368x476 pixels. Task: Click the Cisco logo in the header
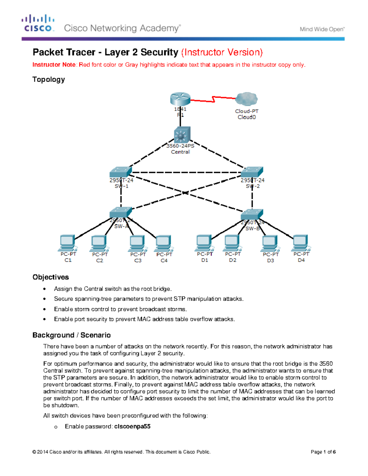click(38, 23)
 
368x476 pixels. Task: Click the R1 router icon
click(180, 99)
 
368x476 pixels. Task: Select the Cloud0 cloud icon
click(247, 99)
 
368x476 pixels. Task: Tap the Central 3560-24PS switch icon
click(182, 135)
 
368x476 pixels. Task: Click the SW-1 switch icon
click(121, 172)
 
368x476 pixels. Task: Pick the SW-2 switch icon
click(252, 172)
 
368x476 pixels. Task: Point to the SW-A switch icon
click(121, 212)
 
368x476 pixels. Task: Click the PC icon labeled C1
click(68, 243)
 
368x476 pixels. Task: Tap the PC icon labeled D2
click(232, 243)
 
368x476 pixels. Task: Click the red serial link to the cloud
click(213, 99)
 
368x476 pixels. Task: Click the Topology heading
click(48, 79)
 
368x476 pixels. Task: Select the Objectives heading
click(51, 277)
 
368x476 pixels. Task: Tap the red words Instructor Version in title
click(222, 52)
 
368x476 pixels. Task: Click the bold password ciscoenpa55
click(132, 426)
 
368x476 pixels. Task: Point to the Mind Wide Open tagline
click(322, 29)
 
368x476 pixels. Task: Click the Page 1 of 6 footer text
click(323, 452)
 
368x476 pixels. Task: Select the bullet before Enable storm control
click(45, 309)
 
